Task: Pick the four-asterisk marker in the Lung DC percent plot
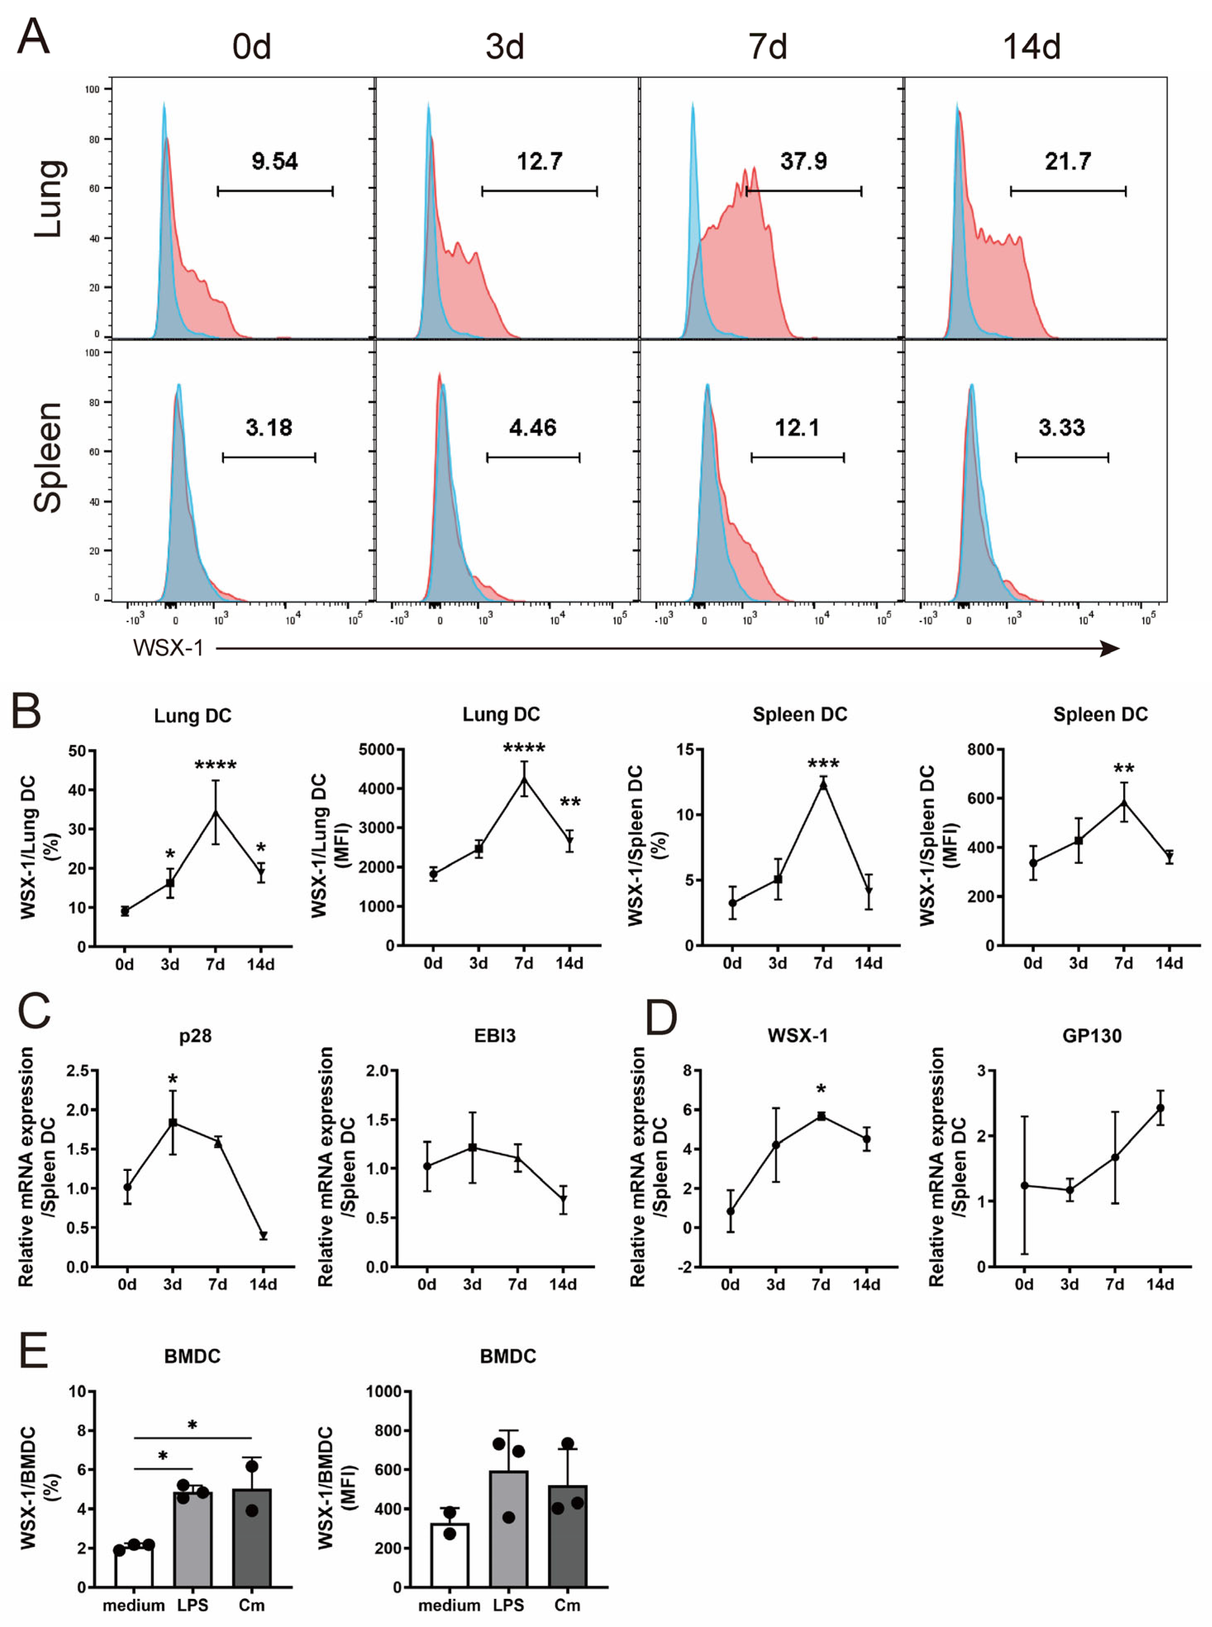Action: click(x=215, y=766)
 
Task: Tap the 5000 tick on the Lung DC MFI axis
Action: click(x=376, y=750)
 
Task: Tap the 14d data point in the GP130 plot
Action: click(x=1160, y=1108)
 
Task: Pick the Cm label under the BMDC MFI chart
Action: click(x=567, y=1605)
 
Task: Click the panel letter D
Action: click(x=661, y=1017)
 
